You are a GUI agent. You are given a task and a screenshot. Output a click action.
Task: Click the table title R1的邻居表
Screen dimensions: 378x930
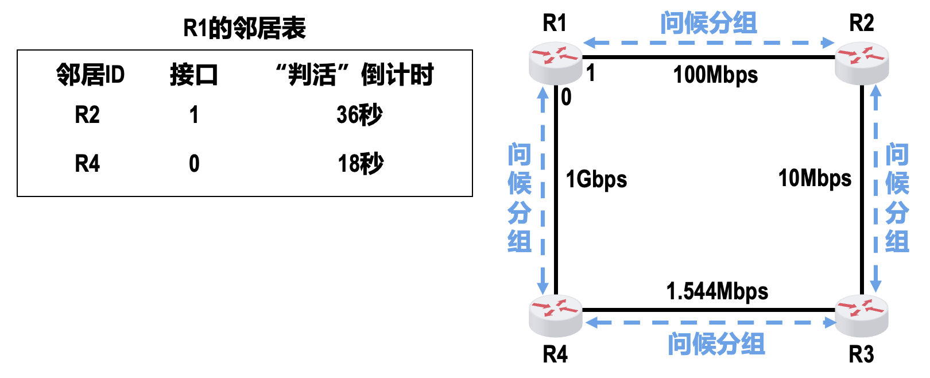[244, 28]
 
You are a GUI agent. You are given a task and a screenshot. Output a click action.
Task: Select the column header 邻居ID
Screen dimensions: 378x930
[90, 75]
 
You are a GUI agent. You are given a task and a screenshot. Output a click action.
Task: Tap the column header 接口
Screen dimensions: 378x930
[194, 75]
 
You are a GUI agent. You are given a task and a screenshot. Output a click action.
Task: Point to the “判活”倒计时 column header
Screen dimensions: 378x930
[354, 75]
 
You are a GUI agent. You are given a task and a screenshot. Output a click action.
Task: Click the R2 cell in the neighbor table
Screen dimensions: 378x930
[87, 115]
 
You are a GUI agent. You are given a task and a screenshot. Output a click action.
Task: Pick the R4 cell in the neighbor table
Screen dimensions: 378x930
[87, 164]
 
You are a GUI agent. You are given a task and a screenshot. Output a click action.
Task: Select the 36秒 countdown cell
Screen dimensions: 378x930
[359, 115]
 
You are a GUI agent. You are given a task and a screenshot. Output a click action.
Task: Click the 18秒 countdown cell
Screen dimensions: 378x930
[360, 164]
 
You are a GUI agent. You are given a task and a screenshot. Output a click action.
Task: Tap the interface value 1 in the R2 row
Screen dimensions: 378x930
[194, 115]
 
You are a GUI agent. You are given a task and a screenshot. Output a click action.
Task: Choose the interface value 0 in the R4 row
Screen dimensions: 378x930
[194, 164]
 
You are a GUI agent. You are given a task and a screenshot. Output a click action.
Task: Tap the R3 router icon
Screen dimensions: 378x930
[861, 315]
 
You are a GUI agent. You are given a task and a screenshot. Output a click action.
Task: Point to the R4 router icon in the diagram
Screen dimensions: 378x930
[555, 315]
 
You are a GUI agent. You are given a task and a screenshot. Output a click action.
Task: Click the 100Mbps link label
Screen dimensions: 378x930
[715, 75]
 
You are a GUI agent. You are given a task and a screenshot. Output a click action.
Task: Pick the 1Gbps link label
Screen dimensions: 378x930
[596, 179]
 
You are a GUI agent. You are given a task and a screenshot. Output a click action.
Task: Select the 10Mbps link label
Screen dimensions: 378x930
[815, 178]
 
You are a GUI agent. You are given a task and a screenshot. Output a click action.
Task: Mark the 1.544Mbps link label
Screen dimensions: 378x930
[717, 291]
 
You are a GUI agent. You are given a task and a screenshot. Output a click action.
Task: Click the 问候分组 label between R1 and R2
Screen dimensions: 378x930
[708, 24]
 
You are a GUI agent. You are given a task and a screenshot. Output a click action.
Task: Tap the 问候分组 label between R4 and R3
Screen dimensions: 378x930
[716, 344]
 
